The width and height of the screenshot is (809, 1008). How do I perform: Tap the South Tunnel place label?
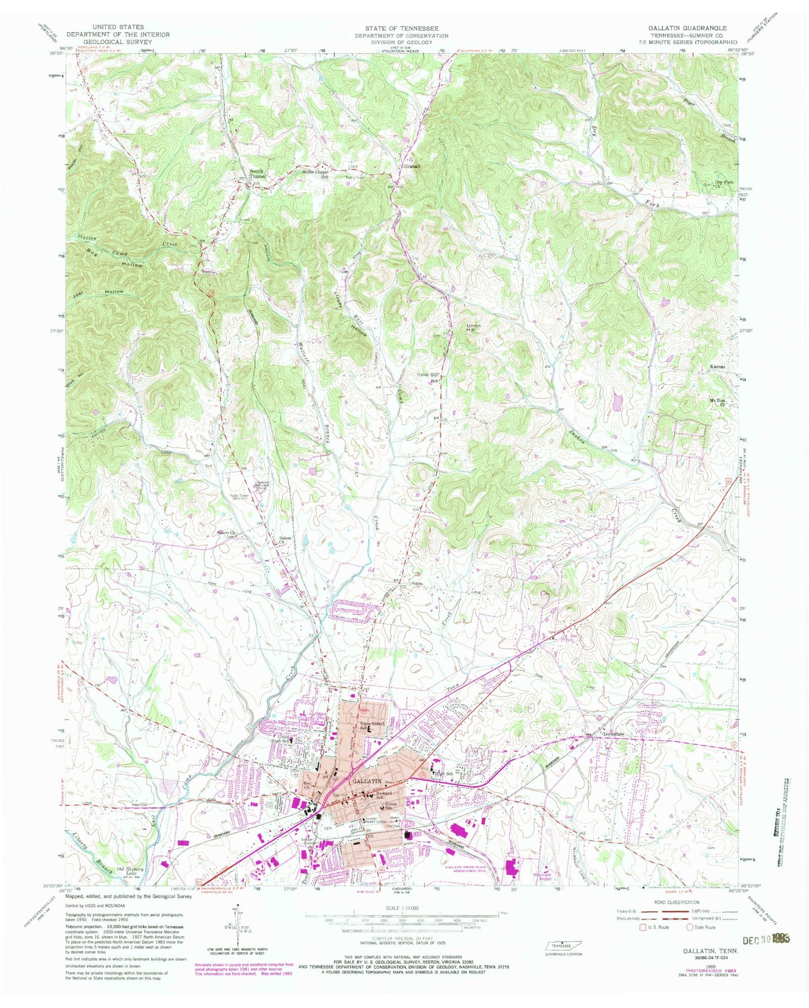pos(258,174)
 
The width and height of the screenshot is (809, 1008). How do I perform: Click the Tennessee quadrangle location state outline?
pos(563,944)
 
